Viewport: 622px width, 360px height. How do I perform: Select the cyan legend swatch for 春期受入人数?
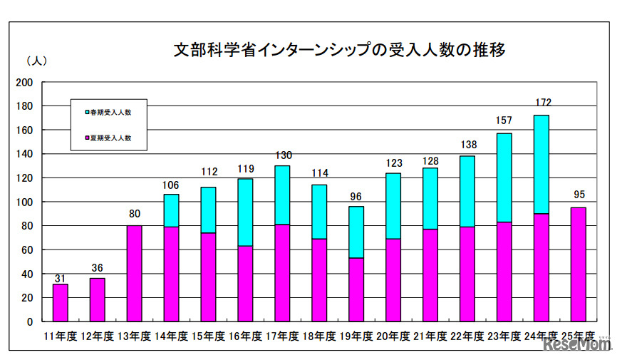tap(87, 113)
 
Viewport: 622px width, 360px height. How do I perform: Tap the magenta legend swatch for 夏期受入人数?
tap(87, 138)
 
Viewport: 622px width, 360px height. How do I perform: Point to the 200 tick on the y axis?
tap(24, 82)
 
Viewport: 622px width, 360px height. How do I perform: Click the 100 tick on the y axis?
tap(24, 202)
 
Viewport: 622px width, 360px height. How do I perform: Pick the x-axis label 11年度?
tap(60, 336)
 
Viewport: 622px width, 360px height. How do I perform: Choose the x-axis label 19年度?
tap(356, 336)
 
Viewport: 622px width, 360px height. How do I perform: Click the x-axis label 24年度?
tap(541, 336)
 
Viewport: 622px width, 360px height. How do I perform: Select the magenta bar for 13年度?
tap(134, 274)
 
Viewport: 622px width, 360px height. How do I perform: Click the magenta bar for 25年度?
tap(579, 264)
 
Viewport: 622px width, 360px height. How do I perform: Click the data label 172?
tap(543, 102)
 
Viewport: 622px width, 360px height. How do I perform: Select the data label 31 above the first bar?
tap(61, 277)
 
